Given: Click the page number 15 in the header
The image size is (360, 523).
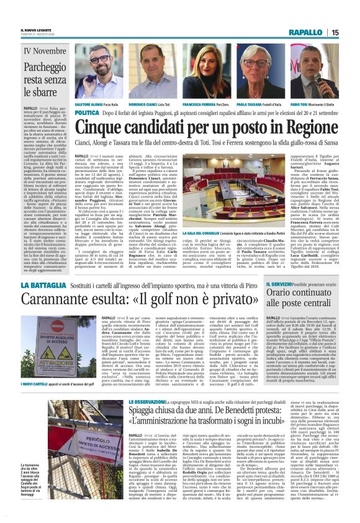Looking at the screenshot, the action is point(352,32).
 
